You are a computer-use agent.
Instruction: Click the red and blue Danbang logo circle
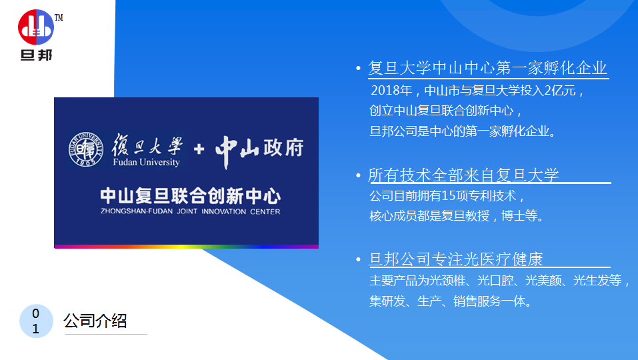coord(36,27)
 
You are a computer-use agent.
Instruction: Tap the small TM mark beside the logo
coord(59,17)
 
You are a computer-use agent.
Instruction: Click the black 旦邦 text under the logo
coord(36,55)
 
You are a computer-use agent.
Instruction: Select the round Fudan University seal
coord(85,149)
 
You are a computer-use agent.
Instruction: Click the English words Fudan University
coord(147,162)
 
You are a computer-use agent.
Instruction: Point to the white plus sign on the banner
coord(199,149)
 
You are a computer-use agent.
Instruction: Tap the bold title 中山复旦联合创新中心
coord(191,196)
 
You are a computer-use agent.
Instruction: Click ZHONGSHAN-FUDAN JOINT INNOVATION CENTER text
coord(191,211)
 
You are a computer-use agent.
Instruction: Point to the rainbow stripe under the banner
coord(187,247)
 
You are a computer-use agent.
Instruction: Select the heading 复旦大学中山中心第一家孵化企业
coord(487,68)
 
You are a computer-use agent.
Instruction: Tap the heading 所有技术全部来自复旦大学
coord(463,175)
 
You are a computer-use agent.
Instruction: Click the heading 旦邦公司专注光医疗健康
coord(456,259)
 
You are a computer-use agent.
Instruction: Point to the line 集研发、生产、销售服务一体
coord(451,301)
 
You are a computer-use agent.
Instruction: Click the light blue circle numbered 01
coord(36,321)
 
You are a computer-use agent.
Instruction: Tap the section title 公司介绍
coord(95,321)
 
